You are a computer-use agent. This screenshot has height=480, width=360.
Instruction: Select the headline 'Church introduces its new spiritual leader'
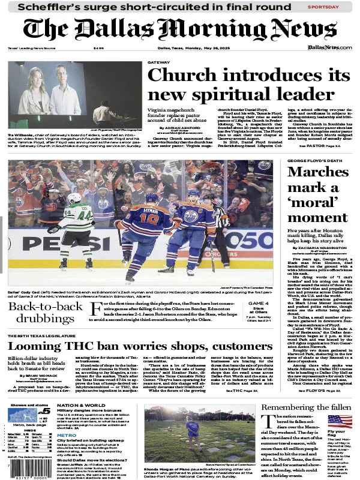tap(248, 84)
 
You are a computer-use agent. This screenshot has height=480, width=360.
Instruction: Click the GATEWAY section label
tap(158, 62)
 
